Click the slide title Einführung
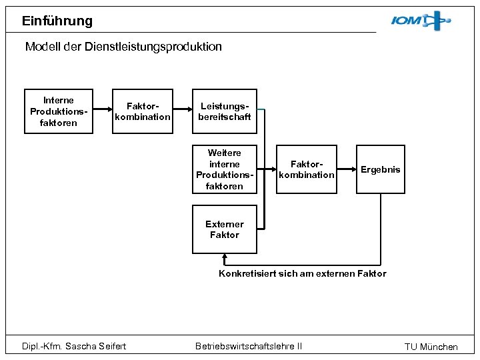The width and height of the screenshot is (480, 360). (57, 21)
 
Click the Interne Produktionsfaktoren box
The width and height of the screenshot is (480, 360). (59, 111)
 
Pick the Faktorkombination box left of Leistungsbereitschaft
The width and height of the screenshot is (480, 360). (143, 111)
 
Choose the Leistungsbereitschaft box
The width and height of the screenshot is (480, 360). (225, 111)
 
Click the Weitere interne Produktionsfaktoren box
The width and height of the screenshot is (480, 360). (225, 169)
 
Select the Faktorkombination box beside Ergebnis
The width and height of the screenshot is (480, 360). (307, 169)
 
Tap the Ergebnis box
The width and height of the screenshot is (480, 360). (380, 169)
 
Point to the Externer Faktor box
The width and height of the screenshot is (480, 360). (225, 230)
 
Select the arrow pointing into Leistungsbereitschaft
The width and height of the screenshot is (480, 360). (183, 111)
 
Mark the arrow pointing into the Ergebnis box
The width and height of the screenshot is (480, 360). (347, 169)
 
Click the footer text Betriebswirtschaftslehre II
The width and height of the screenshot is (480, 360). (249, 345)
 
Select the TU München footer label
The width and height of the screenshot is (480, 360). (431, 347)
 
